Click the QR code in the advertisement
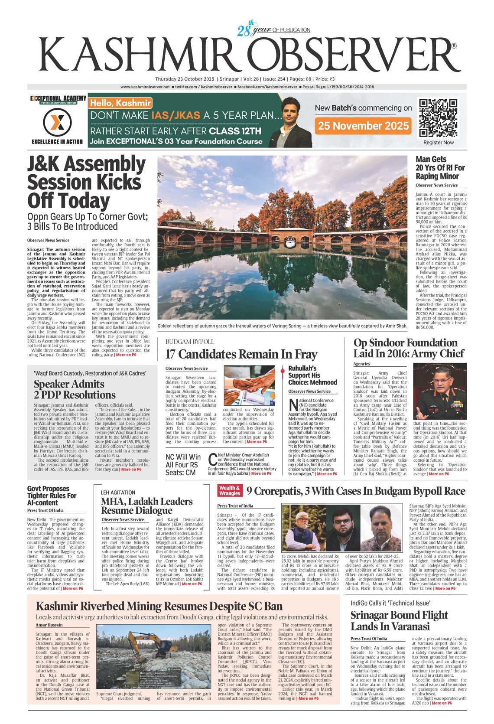coord(438,118)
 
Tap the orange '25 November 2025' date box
coord(363,126)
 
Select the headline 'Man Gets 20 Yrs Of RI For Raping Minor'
coord(440,168)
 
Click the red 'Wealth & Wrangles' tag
coord(230,490)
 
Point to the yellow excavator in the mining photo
coord(141,645)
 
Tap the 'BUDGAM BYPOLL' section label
coord(190,342)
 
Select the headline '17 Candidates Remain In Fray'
coord(241,354)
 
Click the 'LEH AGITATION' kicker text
coord(118,492)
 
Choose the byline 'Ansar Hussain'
coord(49,625)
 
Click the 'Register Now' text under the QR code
coord(439,143)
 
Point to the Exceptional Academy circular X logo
coord(57,123)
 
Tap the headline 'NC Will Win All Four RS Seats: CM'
coord(183,464)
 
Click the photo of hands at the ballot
coord(249,385)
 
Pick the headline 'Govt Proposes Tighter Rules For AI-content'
coord(52,496)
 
